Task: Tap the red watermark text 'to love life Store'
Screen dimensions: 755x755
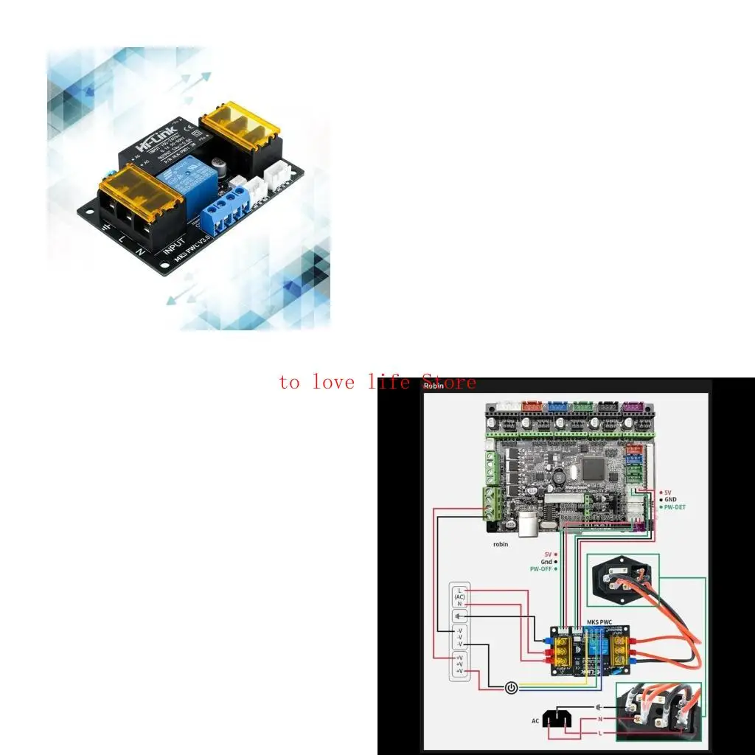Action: (377, 383)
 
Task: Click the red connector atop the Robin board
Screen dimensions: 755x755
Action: (531, 405)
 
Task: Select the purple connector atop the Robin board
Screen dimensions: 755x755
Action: (632, 406)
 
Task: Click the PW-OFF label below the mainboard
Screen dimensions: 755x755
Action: (541, 568)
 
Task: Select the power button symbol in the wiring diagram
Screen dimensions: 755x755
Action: (512, 687)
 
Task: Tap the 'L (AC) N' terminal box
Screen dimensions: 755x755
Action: (459, 596)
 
